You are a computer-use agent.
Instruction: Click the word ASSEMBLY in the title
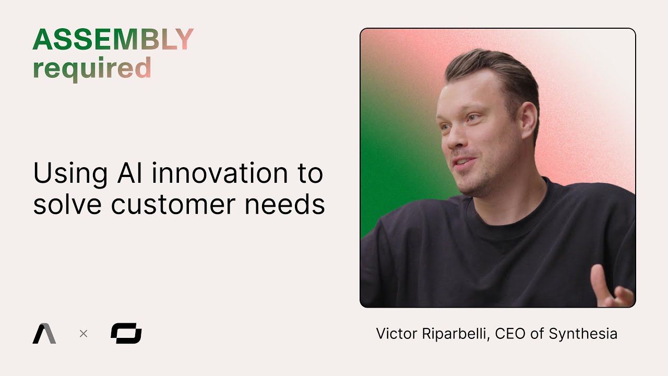(113, 40)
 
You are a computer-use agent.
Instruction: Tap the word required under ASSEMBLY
(92, 68)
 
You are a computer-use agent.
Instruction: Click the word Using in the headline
(68, 174)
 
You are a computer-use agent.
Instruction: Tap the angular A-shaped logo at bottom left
(44, 334)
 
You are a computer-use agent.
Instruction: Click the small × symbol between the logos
(83, 333)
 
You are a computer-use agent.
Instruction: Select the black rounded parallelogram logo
(126, 333)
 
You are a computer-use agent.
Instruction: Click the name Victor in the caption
(393, 334)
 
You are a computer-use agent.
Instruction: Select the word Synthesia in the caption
(583, 334)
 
